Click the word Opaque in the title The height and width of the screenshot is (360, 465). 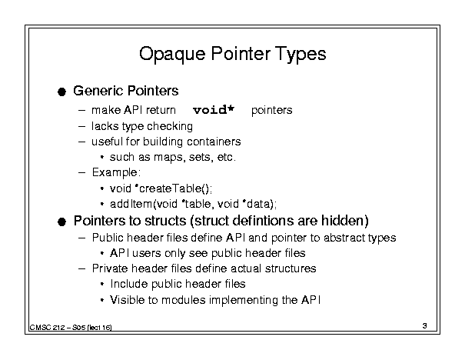[x=172, y=55]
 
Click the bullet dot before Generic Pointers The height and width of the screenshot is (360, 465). [x=61, y=92]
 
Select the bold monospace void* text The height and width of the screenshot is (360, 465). [x=214, y=110]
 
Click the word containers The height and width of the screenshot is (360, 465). [x=214, y=142]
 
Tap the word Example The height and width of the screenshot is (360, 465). [x=115, y=173]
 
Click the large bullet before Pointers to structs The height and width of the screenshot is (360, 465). [x=61, y=222]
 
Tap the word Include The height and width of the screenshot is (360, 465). [x=129, y=284]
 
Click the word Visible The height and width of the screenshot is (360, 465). [x=128, y=300]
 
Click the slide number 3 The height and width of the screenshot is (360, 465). [x=425, y=325]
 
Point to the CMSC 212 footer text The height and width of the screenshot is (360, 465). [x=71, y=328]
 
